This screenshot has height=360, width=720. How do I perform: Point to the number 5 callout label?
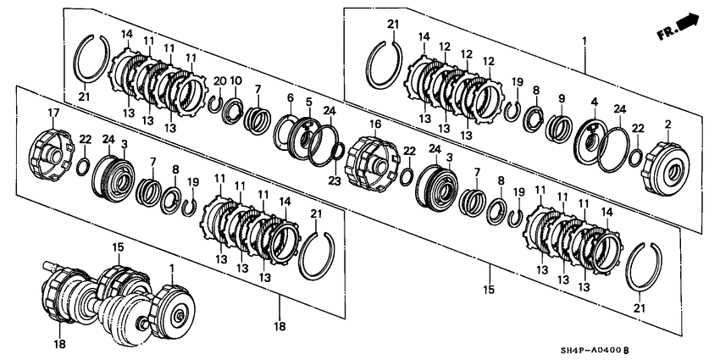[x=309, y=102]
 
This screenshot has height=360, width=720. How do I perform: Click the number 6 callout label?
[x=290, y=98]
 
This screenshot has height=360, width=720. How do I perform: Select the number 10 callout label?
[x=236, y=80]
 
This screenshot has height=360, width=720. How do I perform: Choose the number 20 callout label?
[x=219, y=80]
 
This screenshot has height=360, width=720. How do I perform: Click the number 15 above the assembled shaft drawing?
[x=118, y=246]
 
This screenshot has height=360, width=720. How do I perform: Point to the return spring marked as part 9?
[x=558, y=128]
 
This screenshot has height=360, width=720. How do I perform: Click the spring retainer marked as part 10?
[x=234, y=110]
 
